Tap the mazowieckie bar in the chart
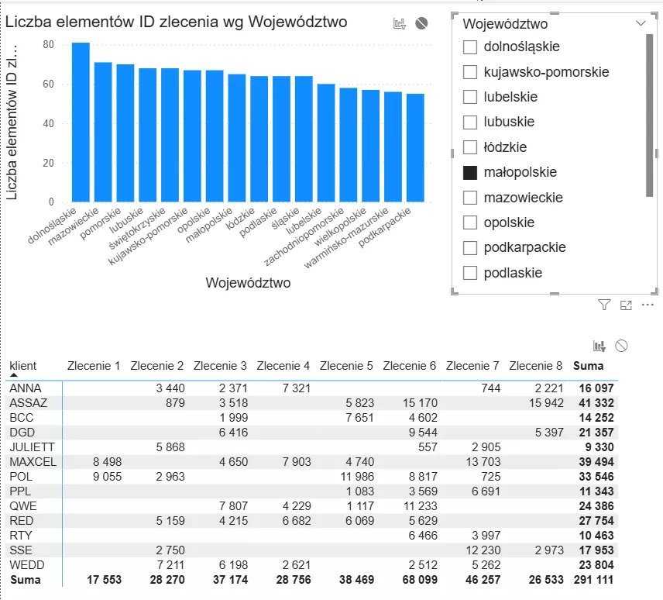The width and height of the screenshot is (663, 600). [x=103, y=132]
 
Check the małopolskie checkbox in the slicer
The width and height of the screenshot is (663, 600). [x=469, y=173]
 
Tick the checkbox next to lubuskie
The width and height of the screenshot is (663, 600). [x=469, y=122]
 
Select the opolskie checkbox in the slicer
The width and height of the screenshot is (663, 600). [x=469, y=222]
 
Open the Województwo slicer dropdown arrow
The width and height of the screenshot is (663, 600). [x=641, y=23]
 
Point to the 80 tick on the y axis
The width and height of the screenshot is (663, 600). [x=48, y=45]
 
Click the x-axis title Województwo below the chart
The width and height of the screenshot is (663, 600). [x=248, y=283]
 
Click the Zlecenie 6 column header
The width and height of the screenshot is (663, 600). [x=410, y=365]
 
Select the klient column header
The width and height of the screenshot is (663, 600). [x=23, y=365]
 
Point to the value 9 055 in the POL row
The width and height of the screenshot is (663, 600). [x=105, y=476]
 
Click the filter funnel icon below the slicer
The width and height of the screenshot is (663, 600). [x=604, y=305]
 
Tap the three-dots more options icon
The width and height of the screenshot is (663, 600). [x=648, y=305]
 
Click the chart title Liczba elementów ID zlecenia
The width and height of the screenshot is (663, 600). [x=176, y=22]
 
